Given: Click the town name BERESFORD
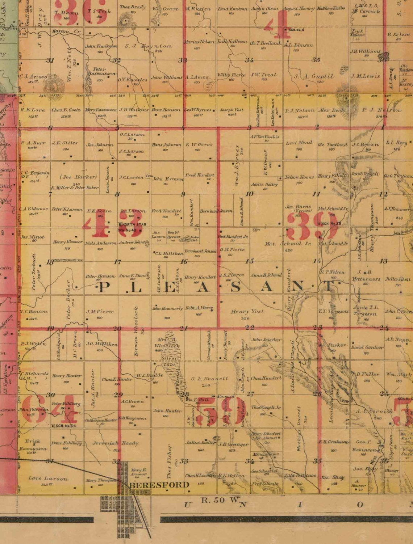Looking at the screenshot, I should point(159,485).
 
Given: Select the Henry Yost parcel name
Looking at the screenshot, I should point(247,311).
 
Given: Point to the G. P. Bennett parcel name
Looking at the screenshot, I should point(210,378).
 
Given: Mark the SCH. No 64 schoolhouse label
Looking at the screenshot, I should point(66,426).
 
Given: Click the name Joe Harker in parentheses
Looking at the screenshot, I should point(79,177).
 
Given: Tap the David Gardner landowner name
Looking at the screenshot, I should point(367,347).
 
